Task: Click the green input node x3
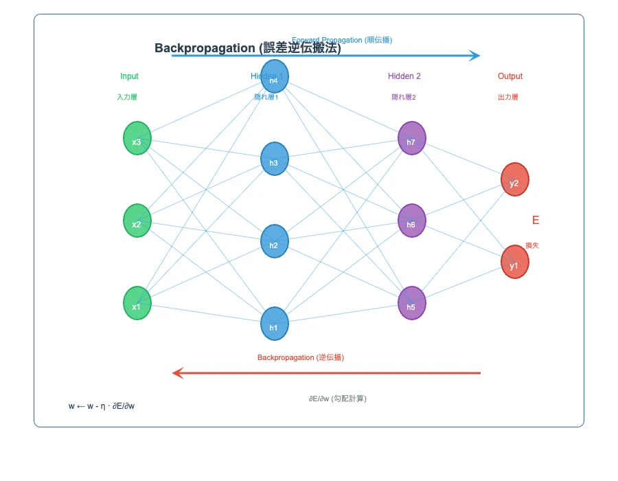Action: point(137,138)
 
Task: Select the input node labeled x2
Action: point(137,221)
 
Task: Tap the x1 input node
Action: point(137,303)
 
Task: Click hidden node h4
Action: point(274,76)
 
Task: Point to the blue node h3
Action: point(274,159)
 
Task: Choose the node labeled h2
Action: point(274,241)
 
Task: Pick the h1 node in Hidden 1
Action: point(274,324)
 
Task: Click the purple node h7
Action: point(411,138)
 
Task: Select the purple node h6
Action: point(411,221)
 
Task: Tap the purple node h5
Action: point(411,303)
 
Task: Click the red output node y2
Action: point(514,179)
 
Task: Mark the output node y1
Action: point(514,262)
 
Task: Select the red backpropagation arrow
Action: point(326,373)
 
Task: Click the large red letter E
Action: point(536,221)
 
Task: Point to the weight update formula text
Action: point(102,406)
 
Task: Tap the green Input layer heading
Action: point(129,76)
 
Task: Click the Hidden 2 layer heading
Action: point(404,76)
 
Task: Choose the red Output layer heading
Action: point(510,76)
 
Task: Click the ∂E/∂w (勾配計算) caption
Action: point(337,399)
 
